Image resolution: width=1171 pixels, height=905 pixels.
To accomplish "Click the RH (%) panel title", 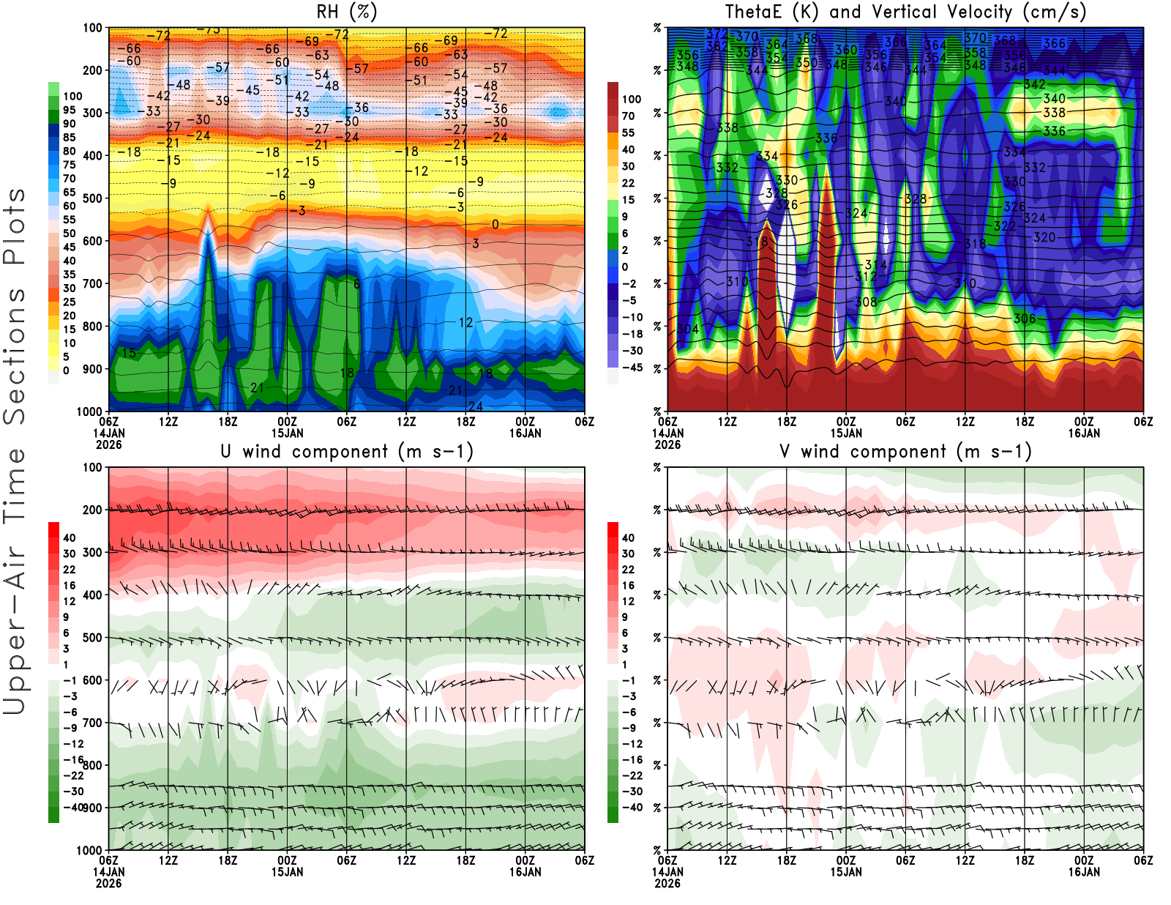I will click(346, 12).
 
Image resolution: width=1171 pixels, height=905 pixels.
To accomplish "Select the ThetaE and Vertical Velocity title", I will click(905, 12).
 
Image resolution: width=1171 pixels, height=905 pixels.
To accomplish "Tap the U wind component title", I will click(347, 452).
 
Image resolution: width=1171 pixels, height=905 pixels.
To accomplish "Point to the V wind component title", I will click(905, 452).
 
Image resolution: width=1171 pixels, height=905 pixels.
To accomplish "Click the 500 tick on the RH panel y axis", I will click(93, 198).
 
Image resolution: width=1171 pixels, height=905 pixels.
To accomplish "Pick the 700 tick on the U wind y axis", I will click(93, 723).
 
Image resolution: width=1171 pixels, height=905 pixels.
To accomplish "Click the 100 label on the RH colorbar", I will click(72, 96).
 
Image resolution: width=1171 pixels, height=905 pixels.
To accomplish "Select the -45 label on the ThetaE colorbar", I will click(632, 368).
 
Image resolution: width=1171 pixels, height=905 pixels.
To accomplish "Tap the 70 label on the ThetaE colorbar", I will click(628, 116).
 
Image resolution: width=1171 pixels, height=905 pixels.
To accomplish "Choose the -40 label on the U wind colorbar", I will click(72, 807).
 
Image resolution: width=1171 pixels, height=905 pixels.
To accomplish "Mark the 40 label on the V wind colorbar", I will click(628, 537).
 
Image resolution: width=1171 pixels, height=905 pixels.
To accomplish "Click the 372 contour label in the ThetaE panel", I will click(717, 34).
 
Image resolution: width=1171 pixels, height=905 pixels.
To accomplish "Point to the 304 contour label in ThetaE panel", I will click(688, 329).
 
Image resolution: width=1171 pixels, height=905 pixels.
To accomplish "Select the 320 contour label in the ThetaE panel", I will click(1044, 237).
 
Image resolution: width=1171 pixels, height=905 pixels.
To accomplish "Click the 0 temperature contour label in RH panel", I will click(495, 224).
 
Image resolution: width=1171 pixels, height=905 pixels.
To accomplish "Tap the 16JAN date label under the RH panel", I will click(525, 433).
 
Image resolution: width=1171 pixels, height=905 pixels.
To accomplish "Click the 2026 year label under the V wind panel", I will click(667, 883).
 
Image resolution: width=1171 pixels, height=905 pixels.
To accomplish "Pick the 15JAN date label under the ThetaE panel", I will click(846, 433).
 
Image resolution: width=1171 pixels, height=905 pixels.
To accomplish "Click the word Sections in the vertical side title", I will click(15, 355).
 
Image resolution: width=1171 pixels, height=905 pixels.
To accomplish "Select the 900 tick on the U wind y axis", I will click(93, 808).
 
